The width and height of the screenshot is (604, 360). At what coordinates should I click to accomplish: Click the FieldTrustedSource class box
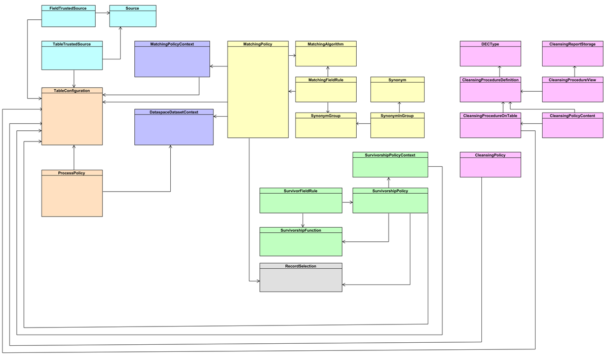pos(68,16)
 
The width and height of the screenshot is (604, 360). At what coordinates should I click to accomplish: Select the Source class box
pos(133,16)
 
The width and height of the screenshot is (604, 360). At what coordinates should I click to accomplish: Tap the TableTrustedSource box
pos(72,56)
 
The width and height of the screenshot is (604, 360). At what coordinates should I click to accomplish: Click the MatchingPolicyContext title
pos(172,44)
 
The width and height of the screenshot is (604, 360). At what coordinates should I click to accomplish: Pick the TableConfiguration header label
pos(72,91)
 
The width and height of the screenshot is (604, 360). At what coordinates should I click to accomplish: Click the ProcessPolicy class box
pos(72,193)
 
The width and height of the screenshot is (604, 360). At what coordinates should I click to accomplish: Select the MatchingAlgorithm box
pos(326,54)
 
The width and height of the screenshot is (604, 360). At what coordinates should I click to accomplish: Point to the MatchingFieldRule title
pos(326,80)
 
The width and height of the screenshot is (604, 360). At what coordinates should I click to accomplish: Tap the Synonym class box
pos(397,90)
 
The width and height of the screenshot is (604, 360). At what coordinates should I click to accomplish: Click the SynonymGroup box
pos(326,125)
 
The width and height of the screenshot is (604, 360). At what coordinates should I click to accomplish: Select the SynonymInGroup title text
pos(397,116)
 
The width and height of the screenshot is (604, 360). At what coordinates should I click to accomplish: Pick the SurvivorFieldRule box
pos(301,200)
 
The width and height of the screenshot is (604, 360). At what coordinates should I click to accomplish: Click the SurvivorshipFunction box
pos(301,242)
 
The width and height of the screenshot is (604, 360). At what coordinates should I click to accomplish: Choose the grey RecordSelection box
pos(301,277)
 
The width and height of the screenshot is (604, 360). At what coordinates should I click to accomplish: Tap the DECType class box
pos(490,54)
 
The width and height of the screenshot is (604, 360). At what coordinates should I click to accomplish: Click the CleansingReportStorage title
pos(573,44)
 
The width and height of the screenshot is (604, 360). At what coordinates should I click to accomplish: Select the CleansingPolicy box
pos(490,165)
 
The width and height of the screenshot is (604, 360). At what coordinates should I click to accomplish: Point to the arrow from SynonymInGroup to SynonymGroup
pos(364,123)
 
